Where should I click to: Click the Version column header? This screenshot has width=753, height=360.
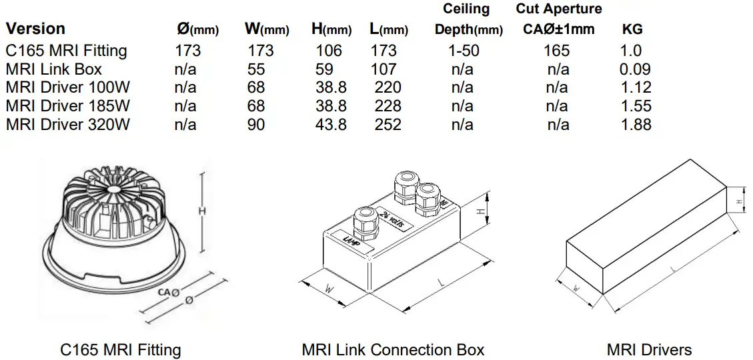coord(35,29)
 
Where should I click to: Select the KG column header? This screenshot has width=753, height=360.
coord(632,29)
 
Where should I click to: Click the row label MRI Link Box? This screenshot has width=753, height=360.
coord(54,69)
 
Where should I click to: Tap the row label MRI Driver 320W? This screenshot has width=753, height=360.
coord(67,124)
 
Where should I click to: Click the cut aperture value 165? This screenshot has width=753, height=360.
coord(556,51)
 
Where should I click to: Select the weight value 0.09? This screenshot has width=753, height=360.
coord(635,69)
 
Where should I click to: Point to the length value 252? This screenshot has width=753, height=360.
coord(388,124)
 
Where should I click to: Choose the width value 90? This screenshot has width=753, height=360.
coord(256,124)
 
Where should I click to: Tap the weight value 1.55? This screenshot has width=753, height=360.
coord(635,105)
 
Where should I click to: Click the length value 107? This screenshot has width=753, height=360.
coord(384,69)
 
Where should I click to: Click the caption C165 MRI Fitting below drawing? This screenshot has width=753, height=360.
coord(120,349)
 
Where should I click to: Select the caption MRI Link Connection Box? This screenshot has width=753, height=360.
coord(393,349)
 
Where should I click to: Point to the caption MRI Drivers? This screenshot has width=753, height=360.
coord(649,349)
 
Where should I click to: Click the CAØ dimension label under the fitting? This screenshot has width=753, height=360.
coord(167,292)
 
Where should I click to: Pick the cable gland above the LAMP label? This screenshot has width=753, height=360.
coord(365,223)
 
